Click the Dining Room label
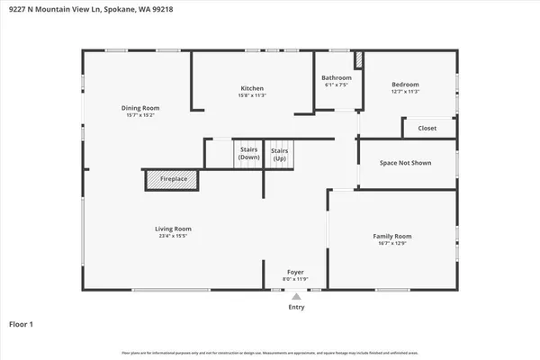click(x=139, y=108)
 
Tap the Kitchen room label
click(x=251, y=87)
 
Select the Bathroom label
click(x=337, y=77)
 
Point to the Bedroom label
click(x=405, y=85)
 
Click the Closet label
click(x=427, y=129)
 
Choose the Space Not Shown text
click(x=405, y=163)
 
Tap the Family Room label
click(x=392, y=236)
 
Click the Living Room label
click(x=169, y=229)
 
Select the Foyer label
click(x=295, y=270)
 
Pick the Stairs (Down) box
click(x=248, y=154)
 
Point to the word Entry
click(x=296, y=308)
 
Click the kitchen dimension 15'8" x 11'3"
click(x=251, y=95)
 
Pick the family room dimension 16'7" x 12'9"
click(x=392, y=244)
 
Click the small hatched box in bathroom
click(x=357, y=61)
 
